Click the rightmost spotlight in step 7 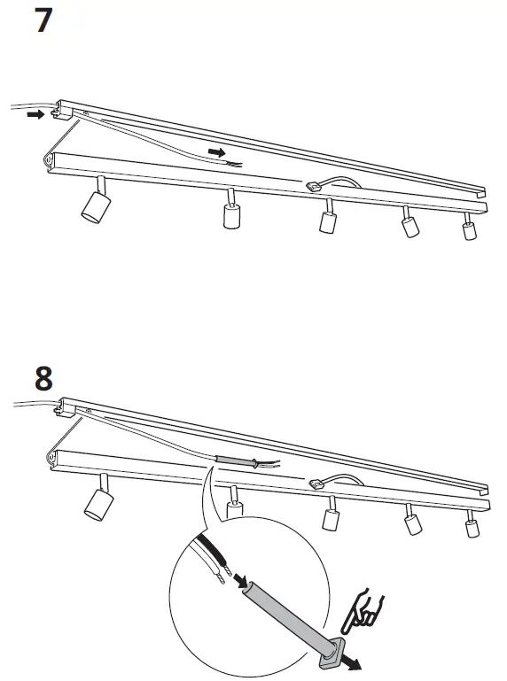coord(470,230)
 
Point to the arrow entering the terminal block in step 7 coord(35,114)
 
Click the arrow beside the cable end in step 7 coord(216,152)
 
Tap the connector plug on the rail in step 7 coord(314,187)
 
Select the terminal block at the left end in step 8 coord(63,409)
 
